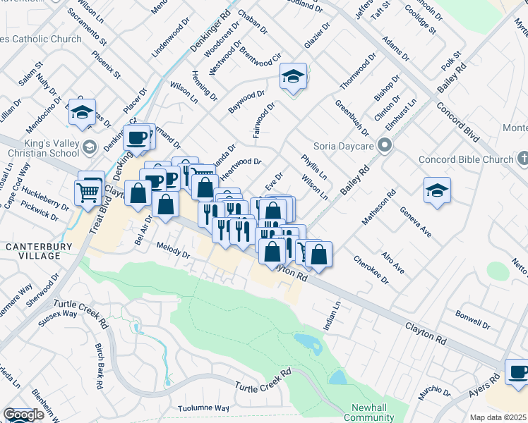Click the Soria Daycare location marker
385,146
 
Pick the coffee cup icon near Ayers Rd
518,371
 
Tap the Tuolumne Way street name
204,408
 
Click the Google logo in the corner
23,415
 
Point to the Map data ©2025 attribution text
498,417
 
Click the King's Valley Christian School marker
89,147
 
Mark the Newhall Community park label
368,413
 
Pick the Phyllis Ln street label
313,167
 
